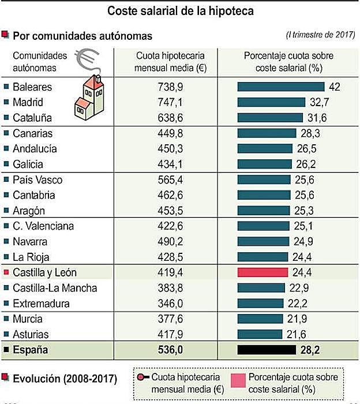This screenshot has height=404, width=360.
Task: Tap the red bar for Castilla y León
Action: [262, 272]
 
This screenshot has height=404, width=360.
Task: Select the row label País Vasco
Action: [37, 180]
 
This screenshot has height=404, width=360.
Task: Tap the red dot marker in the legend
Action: [141, 377]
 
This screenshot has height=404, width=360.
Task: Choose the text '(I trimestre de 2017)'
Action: [320, 35]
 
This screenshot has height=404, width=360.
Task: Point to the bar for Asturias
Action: [260, 334]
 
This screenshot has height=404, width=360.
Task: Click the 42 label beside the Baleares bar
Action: [334, 87]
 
